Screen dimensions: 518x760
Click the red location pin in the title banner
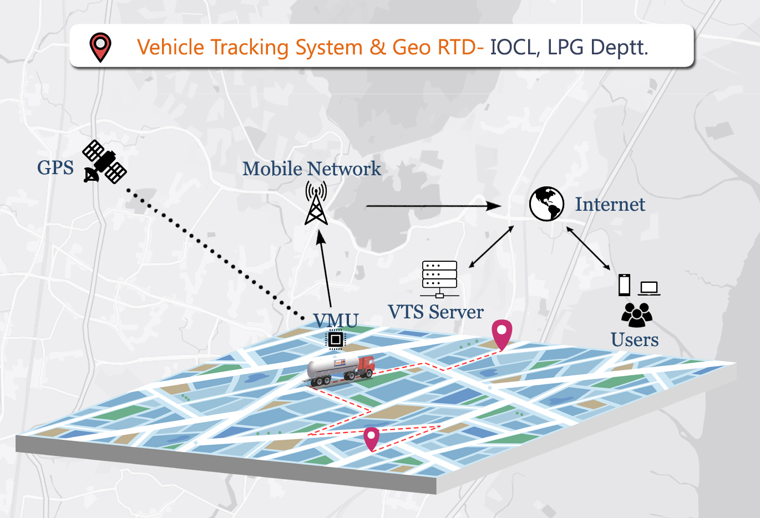[x=100, y=47]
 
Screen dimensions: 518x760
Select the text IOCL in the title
[x=514, y=47]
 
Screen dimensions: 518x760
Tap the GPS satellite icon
[x=104, y=161]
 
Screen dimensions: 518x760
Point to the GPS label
[x=55, y=167]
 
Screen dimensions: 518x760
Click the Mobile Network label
[x=311, y=169]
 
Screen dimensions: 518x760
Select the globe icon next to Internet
[x=546, y=204]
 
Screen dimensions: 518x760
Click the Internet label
[x=610, y=204]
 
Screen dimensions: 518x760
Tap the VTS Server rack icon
[x=439, y=278]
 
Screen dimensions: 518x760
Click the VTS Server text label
[x=435, y=312]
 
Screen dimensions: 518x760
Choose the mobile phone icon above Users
[x=625, y=285]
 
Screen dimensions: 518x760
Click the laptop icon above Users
[x=648, y=288]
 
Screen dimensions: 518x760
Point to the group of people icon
[x=636, y=314]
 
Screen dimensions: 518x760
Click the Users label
[x=635, y=339]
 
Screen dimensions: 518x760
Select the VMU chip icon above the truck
[x=335, y=339]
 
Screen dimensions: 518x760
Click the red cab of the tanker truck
[x=366, y=366]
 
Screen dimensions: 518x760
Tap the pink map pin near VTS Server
[x=501, y=334]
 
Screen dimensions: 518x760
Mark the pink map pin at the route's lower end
[x=371, y=438]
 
